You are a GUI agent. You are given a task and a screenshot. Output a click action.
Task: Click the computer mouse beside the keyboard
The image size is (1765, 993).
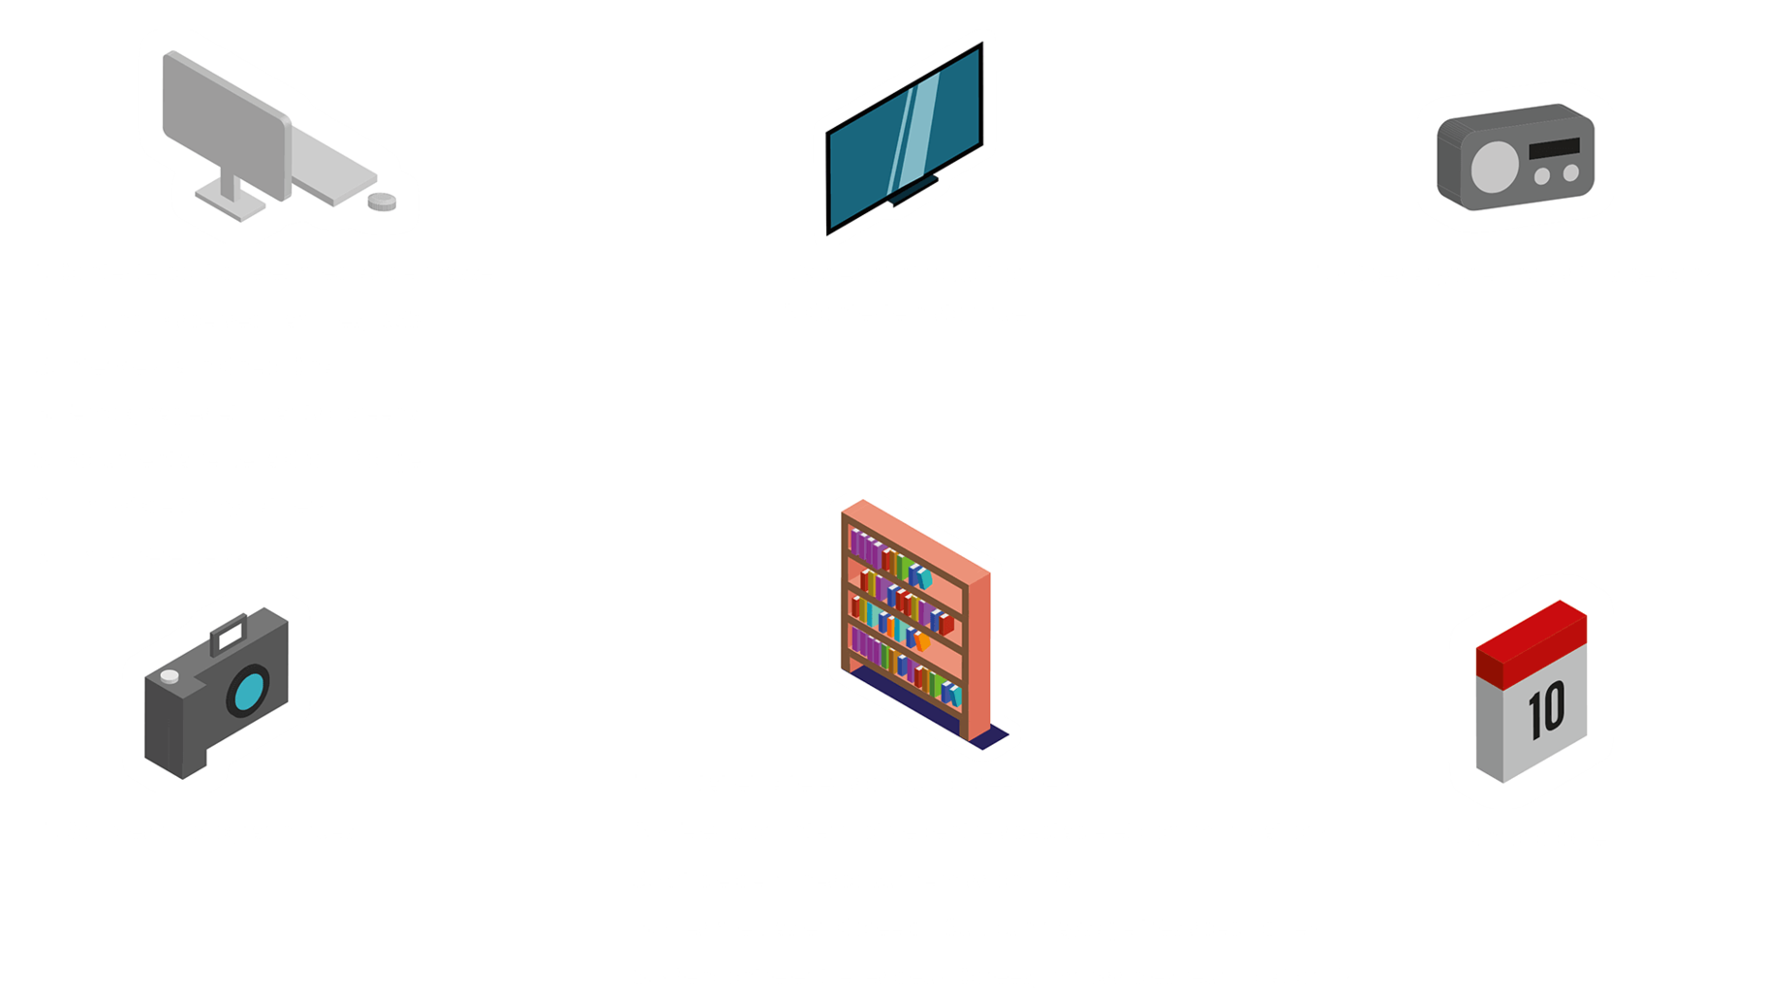coord(382,201)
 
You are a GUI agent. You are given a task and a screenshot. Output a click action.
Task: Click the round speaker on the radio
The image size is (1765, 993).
coord(1494,166)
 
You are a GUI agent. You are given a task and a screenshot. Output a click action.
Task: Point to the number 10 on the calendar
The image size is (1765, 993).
coord(1546,709)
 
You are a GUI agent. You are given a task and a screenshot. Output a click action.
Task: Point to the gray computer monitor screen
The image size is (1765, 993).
coord(225,126)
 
